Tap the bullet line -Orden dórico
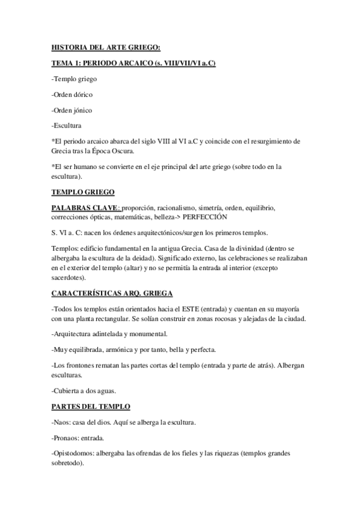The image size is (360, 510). point(72,94)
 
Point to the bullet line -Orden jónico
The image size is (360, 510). point(72,110)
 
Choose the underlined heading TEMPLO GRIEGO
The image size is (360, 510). point(83,192)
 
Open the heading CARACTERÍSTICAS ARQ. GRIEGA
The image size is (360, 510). point(112,293)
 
